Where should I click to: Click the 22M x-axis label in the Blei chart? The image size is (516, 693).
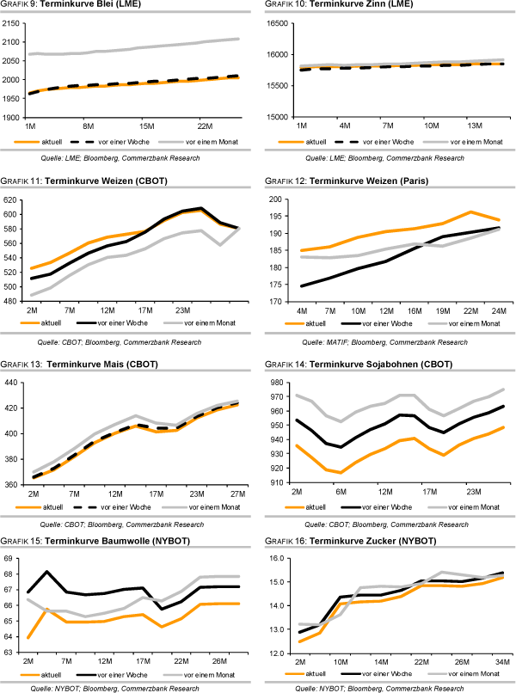click(x=204, y=126)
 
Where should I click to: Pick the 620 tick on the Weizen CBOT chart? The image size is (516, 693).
click(x=11, y=199)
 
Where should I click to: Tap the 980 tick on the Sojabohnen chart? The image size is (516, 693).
click(x=279, y=383)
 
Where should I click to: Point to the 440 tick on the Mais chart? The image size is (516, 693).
click(x=11, y=383)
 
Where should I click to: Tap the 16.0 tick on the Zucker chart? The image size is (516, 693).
click(x=278, y=559)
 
